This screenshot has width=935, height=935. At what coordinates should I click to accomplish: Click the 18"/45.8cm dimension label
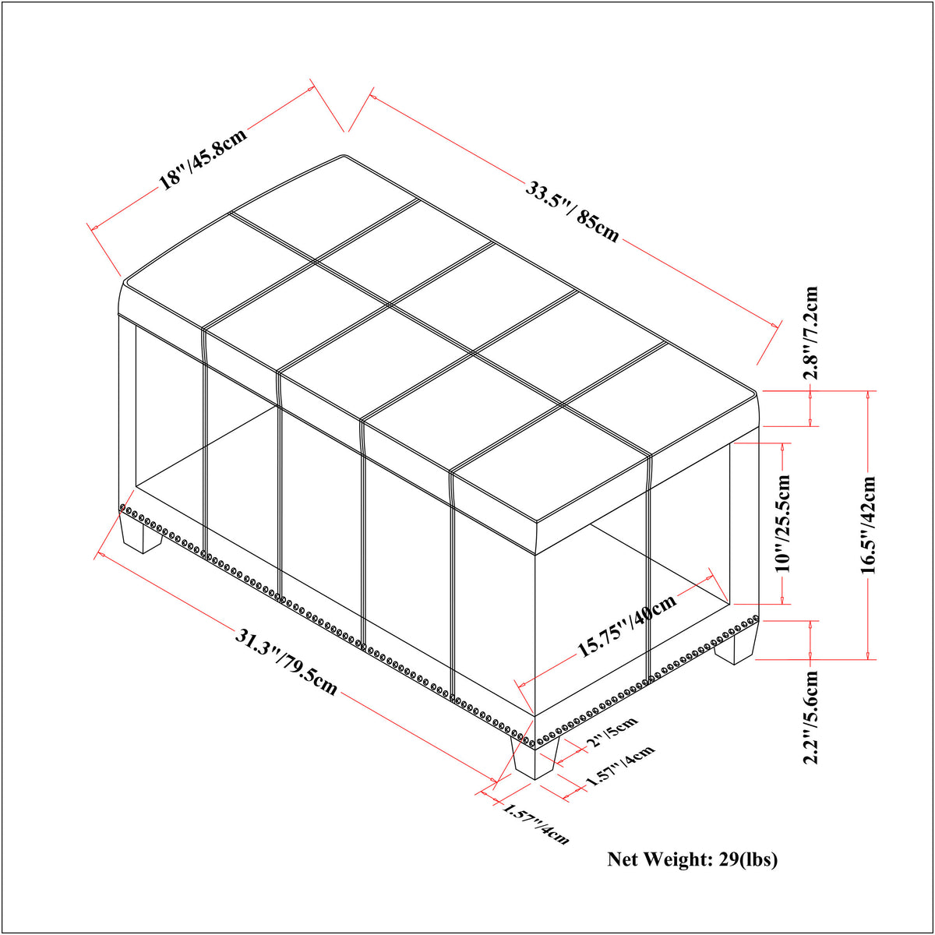point(203,158)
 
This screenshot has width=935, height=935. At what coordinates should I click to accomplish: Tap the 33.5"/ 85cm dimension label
point(573,212)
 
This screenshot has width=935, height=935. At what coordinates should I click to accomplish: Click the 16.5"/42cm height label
point(869,525)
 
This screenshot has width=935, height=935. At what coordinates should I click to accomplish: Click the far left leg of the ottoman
point(141,535)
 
